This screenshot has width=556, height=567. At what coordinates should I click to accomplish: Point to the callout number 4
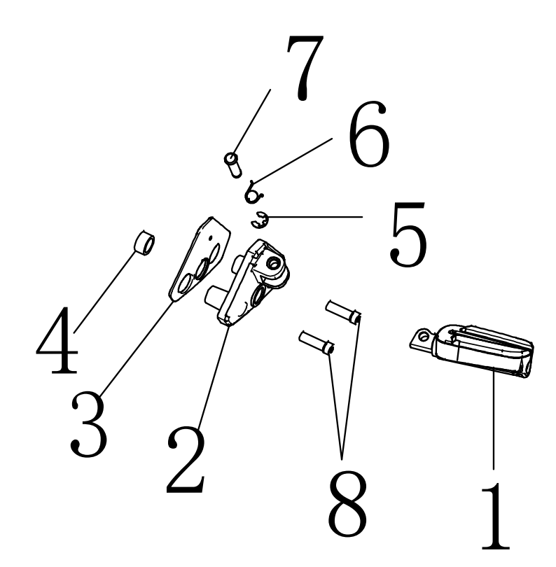57,340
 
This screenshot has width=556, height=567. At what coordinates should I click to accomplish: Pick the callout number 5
409,234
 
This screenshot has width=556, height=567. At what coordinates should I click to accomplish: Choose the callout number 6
369,134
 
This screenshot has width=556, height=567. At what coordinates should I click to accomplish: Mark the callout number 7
305,68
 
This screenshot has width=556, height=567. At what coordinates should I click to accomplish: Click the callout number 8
347,504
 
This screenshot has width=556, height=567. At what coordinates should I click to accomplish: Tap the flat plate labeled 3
200,258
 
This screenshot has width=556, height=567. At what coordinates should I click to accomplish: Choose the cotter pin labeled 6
253,193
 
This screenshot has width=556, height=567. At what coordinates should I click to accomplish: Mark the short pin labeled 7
233,165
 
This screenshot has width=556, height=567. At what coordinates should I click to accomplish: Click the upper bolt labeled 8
343,312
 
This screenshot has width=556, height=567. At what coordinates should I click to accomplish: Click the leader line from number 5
315,217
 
